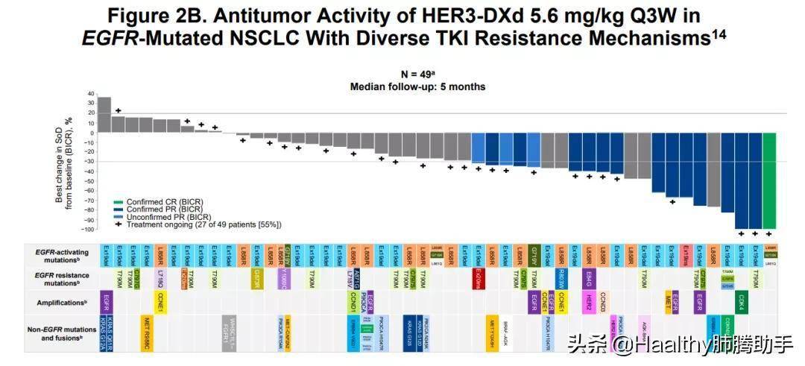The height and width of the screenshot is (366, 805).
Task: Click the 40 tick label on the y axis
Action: [x=91, y=95]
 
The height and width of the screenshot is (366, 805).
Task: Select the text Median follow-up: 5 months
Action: [x=417, y=86]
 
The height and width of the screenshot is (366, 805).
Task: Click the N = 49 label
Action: [x=417, y=75]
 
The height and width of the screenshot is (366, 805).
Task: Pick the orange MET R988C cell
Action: [x=146, y=332]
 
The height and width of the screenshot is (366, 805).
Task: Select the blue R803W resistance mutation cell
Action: [x=561, y=278]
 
